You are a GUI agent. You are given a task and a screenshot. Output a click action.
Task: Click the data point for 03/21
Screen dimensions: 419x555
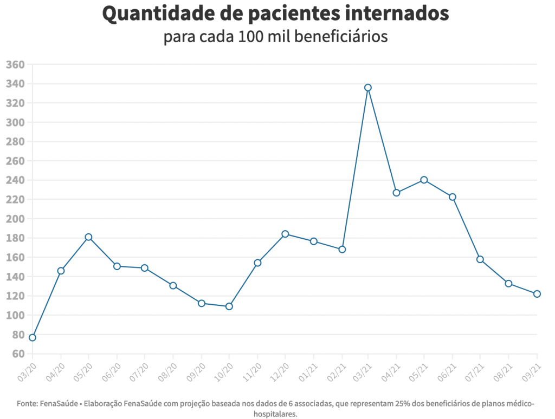click(x=368, y=87)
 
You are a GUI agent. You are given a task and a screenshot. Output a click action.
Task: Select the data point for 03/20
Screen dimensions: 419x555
click(x=33, y=338)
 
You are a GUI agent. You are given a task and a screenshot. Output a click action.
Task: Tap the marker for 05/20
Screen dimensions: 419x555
click(x=88, y=237)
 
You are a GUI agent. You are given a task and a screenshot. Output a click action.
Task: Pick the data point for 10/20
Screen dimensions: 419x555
click(x=229, y=306)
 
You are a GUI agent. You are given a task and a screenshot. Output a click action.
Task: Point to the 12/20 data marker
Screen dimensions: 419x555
click(x=285, y=234)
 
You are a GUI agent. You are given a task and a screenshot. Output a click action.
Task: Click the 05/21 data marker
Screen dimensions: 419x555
click(x=424, y=180)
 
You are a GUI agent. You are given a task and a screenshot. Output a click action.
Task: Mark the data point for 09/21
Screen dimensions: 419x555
click(x=537, y=294)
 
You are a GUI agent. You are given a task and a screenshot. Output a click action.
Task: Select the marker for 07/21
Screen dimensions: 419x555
click(x=480, y=259)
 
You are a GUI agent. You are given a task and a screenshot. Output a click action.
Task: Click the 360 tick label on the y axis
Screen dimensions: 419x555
click(x=15, y=65)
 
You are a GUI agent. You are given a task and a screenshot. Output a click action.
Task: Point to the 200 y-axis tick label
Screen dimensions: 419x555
click(x=15, y=219)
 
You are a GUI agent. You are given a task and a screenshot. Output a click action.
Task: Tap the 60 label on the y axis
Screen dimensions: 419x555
click(x=18, y=354)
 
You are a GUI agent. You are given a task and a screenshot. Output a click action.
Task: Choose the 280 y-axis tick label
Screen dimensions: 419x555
click(x=15, y=142)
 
